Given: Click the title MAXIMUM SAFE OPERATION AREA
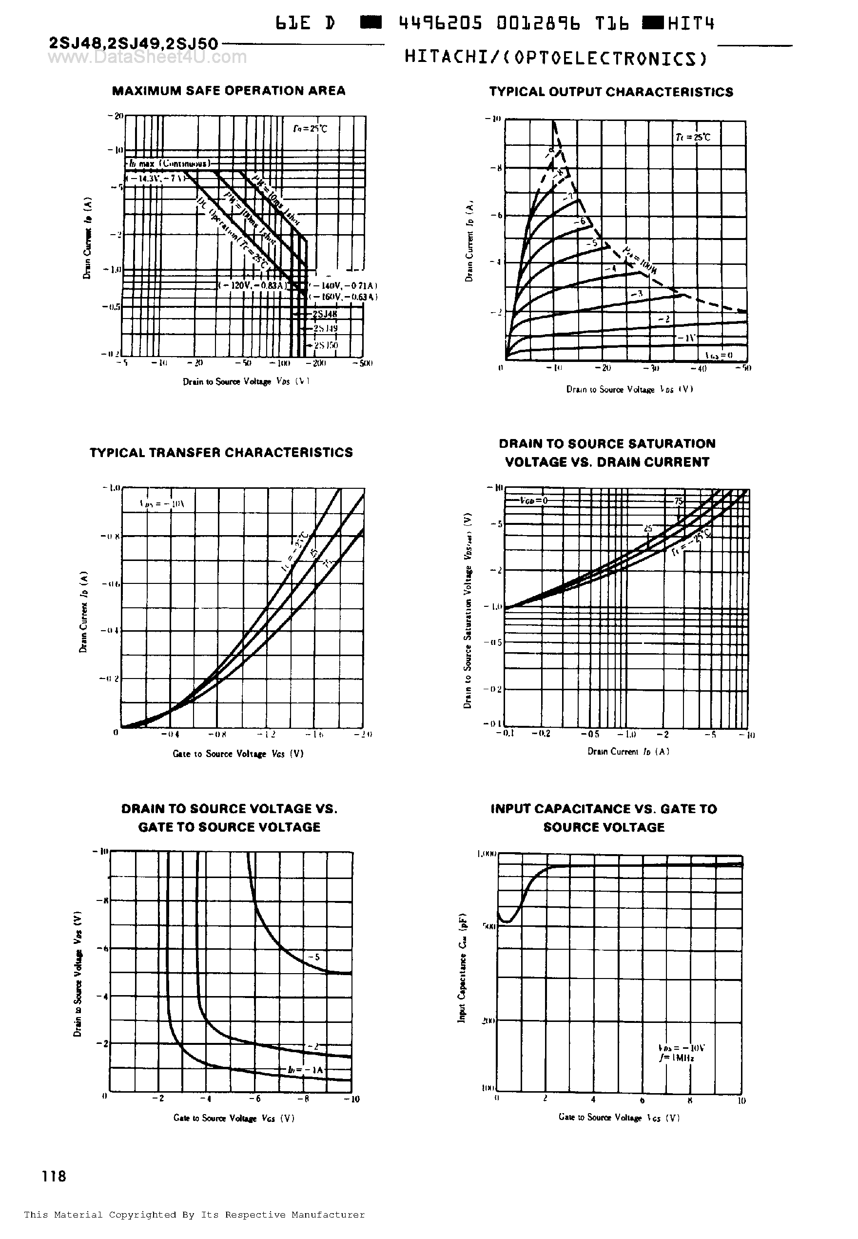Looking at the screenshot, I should click(229, 91).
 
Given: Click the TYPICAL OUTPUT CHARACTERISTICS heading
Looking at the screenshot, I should click(611, 92).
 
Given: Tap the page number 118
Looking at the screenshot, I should click(54, 1176).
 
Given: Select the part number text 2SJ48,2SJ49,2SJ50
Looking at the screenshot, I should click(133, 43).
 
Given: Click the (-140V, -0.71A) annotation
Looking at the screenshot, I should click(344, 285).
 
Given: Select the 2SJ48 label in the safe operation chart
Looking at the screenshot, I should click(325, 314).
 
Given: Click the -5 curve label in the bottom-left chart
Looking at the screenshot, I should click(314, 957).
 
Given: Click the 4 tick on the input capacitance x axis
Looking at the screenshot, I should click(593, 1099).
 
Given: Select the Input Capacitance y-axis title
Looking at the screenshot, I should click(461, 968).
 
